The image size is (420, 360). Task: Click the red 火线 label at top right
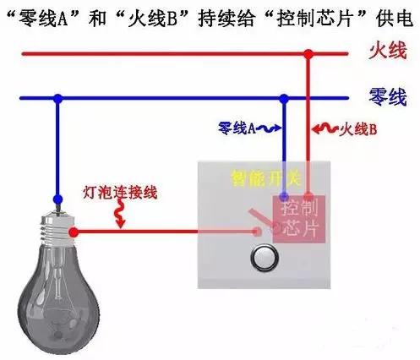point(388,51)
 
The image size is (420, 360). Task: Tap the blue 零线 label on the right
point(388,96)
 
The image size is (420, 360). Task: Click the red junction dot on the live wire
point(308,54)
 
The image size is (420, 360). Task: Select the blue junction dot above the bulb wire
point(58,98)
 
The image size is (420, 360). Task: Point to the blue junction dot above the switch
point(284,98)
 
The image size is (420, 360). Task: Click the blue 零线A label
point(237,128)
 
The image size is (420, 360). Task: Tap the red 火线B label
point(358,129)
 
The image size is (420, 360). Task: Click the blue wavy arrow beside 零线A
point(269,128)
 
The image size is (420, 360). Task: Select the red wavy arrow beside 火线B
point(325,129)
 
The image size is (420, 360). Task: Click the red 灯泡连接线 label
point(120,193)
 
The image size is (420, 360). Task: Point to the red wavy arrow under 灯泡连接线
point(119,214)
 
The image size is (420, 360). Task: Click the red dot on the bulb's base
point(74,232)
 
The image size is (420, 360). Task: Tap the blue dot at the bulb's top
point(57,199)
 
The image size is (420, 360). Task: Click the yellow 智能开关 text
point(266,178)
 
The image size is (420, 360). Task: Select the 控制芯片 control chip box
point(299,219)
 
